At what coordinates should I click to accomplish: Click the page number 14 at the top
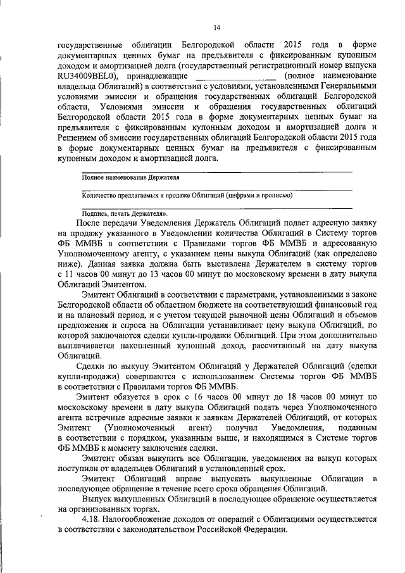[x=216, y=27]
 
